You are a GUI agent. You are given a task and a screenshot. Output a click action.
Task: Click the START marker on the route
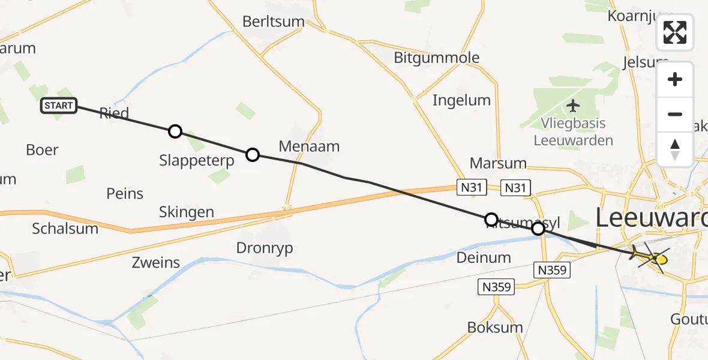point(59,106)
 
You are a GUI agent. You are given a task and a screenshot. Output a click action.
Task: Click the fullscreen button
point(675,32)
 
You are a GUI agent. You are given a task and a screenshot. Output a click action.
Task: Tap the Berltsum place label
point(274,22)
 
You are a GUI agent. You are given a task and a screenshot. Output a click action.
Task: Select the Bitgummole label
point(437,58)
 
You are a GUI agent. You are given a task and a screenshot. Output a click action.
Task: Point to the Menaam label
point(309,146)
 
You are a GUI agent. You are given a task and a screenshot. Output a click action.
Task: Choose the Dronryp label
point(265,248)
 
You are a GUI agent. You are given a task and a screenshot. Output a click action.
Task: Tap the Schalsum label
point(65,229)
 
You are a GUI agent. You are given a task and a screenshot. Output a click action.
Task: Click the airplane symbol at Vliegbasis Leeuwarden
point(574,106)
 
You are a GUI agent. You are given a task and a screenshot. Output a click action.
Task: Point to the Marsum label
point(498,163)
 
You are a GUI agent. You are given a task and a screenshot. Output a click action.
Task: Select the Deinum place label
point(484,257)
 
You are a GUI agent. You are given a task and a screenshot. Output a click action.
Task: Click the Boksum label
point(495,328)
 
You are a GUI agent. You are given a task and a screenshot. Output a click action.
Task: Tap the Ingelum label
point(461,100)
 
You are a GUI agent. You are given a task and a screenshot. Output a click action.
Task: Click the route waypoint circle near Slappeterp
point(175,131)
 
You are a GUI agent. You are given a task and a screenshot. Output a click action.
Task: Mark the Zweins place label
point(156,262)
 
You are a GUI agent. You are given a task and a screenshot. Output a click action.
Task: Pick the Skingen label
point(186,212)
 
